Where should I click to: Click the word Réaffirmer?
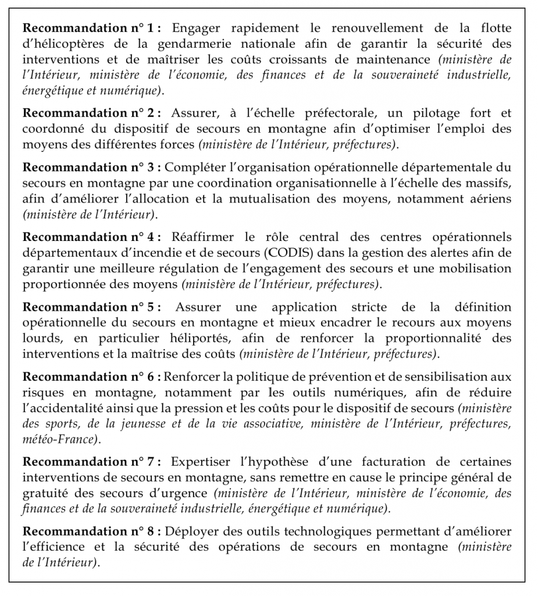[x=201, y=237]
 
